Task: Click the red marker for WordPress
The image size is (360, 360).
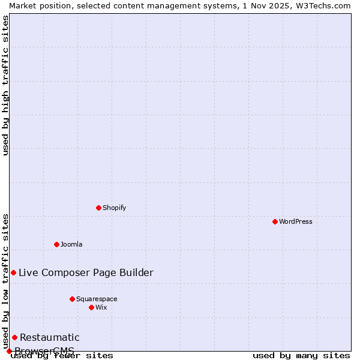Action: (x=275, y=221)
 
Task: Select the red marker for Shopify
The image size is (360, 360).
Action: (x=98, y=208)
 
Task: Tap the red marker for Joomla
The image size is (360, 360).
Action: (x=56, y=244)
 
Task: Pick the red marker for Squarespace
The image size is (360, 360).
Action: (x=72, y=299)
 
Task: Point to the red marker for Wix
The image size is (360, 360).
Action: (x=91, y=307)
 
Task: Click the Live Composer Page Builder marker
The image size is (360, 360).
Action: (x=13, y=272)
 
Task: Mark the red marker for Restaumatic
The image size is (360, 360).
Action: (x=14, y=337)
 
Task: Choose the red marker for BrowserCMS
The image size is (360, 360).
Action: (x=9, y=351)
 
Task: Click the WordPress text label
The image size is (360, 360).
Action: (x=296, y=221)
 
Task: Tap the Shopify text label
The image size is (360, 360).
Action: (x=114, y=208)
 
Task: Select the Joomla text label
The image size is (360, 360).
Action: (x=71, y=244)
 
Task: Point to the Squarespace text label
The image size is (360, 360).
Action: (x=97, y=299)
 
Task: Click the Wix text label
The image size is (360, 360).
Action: (x=101, y=307)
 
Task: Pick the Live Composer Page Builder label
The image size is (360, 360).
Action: (x=86, y=272)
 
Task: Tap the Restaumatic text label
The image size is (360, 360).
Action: (x=49, y=337)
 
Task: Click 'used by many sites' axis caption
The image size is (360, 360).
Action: (x=301, y=356)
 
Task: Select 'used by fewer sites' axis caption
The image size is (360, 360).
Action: (x=62, y=356)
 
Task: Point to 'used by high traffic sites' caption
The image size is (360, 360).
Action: (x=5, y=85)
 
